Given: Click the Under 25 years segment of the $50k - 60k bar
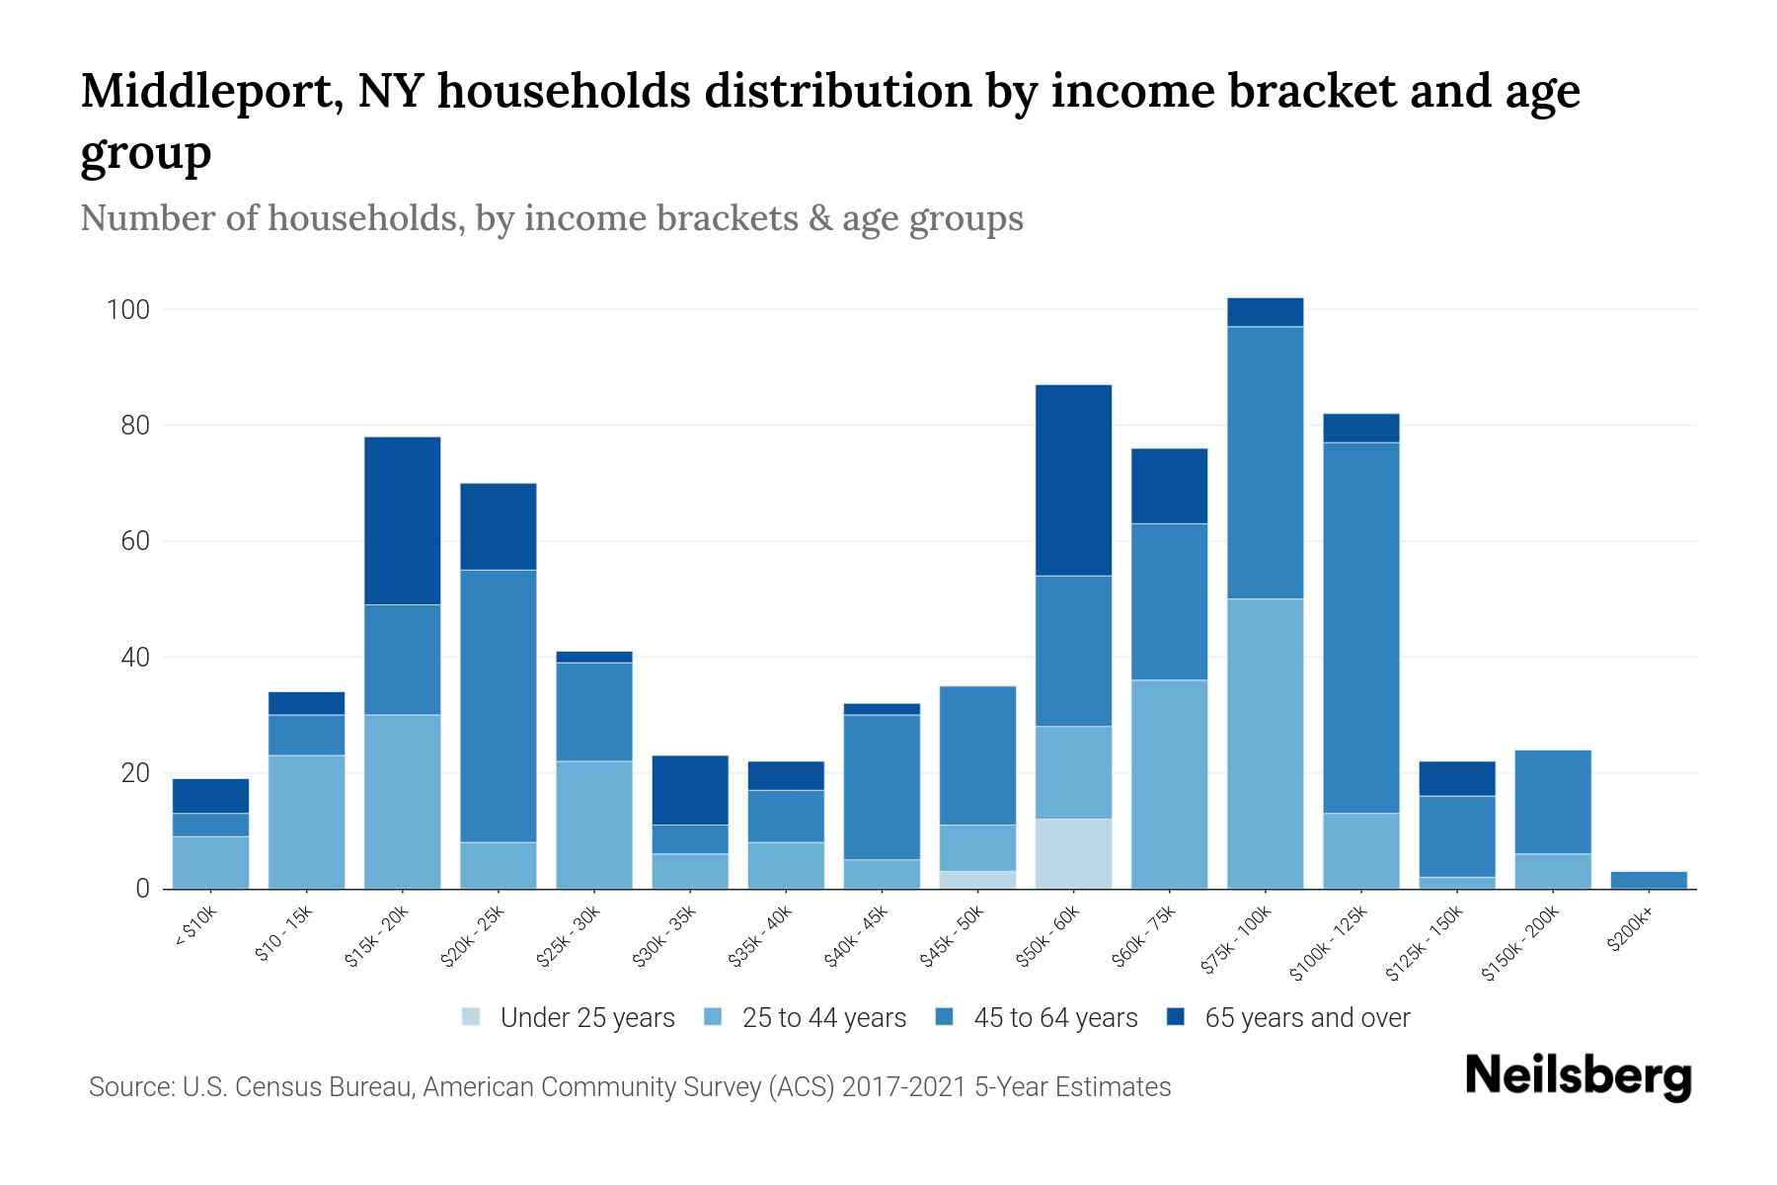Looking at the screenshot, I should [x=1073, y=853].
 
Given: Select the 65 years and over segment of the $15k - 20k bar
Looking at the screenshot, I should [x=402, y=520].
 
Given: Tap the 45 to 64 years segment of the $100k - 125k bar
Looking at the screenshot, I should [x=1360, y=627].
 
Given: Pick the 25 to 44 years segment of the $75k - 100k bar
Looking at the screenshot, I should [x=1265, y=743].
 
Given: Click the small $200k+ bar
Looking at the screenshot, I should [x=1649, y=880].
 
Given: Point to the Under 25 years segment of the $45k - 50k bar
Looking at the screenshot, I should [x=977, y=880].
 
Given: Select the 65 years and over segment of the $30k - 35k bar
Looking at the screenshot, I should [x=690, y=790].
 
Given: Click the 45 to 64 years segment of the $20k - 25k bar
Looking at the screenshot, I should [x=498, y=705].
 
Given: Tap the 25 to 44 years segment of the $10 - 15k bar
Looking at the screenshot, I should [x=306, y=822].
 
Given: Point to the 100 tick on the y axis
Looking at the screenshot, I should [x=127, y=310].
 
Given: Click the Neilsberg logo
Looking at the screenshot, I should [x=1578, y=1076].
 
